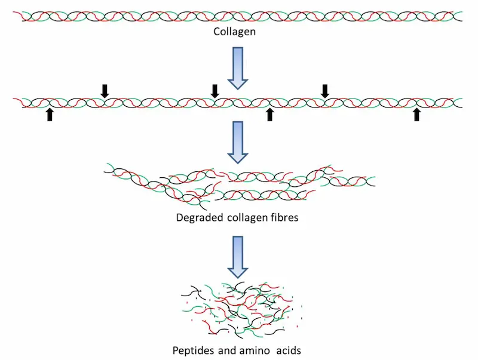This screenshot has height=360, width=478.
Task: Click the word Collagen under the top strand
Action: pos(234,31)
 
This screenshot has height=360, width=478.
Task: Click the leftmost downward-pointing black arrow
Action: pos(105,90)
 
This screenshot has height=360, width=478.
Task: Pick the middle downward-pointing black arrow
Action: pos(215,90)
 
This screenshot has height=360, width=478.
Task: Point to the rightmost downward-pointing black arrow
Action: pos(325,90)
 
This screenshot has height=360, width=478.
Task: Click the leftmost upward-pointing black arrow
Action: pos(50,115)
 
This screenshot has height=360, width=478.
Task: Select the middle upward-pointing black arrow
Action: pos(269,115)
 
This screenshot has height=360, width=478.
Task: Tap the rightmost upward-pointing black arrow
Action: pos(416,115)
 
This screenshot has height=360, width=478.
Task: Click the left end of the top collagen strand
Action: pos(24,16)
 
